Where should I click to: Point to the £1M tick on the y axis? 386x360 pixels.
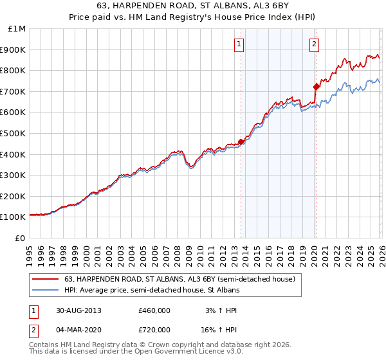pos(17,28)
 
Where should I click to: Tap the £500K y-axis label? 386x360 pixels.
pos(14,133)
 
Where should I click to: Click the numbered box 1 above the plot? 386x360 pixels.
pos(239,44)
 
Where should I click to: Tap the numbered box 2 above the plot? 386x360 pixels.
pos(314,44)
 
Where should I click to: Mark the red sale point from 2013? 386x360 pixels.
pos(241,141)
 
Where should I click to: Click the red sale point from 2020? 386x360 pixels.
pos(316,87)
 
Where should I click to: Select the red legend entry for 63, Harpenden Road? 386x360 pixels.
pos(179,279)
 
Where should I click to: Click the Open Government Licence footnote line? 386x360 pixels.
pos(136,352)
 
